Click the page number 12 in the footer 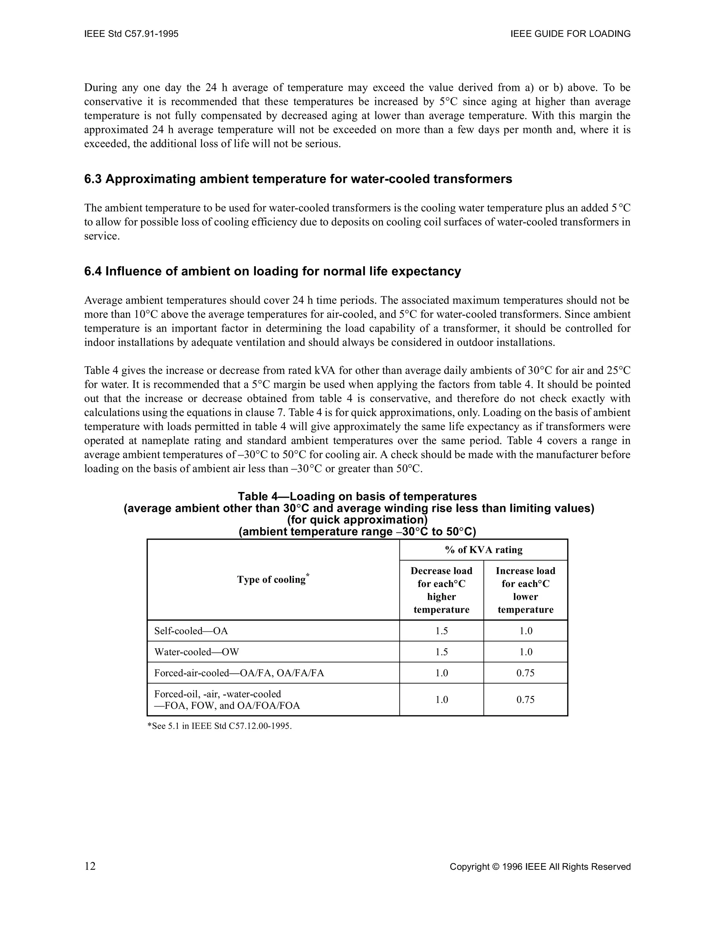(90, 867)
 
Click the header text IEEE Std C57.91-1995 (131, 34)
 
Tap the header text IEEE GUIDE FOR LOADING (570, 34)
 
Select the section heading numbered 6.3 (298, 179)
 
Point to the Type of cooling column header (273, 579)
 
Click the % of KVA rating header (484, 550)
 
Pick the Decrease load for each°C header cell (441, 590)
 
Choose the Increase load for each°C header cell (525, 590)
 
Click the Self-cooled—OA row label (191, 631)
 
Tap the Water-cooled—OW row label (197, 652)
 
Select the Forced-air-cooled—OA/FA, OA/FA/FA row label (239, 673)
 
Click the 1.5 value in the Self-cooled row (441, 631)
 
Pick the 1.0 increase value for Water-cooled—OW (525, 652)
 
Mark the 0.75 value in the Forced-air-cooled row (525, 673)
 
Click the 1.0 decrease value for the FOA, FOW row (441, 700)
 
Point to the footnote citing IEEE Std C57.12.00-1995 (220, 726)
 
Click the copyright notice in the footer (540, 867)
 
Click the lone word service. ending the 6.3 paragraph (102, 236)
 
